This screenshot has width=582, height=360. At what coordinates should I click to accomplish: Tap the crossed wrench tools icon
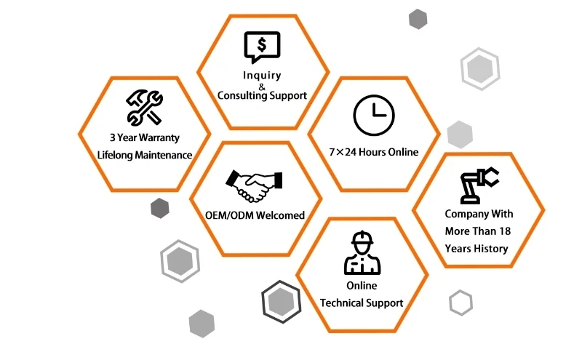click(144, 107)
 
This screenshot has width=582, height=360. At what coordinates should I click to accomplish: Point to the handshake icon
click(254, 187)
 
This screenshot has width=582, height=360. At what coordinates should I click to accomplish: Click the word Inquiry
click(262, 76)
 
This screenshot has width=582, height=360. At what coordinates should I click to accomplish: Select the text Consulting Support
click(262, 95)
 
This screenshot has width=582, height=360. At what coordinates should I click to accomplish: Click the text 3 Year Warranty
click(145, 137)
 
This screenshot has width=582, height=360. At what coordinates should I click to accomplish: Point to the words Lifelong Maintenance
click(145, 154)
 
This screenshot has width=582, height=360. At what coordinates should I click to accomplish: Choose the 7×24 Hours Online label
click(374, 152)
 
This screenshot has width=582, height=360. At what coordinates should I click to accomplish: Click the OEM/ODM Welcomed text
click(255, 215)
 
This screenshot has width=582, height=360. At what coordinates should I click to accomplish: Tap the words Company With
click(479, 214)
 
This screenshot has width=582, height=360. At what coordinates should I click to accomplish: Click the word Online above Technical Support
click(362, 286)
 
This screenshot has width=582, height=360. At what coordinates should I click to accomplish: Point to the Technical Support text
click(362, 303)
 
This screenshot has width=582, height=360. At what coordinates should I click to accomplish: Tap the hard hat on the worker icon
click(362, 239)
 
